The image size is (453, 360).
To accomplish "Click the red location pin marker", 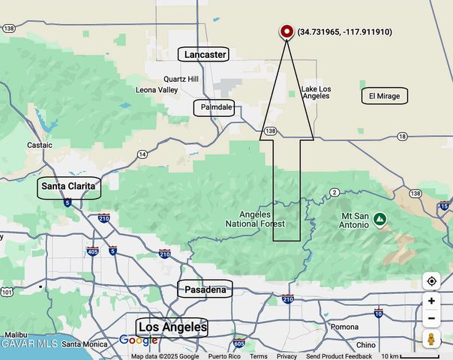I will click(286, 31).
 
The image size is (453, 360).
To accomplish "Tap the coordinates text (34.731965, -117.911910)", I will click(344, 32).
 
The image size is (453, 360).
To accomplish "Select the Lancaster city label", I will click(205, 54).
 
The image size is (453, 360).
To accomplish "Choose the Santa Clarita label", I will click(69, 186).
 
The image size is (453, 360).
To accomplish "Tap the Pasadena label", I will click(205, 289).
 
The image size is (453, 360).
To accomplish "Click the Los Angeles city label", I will click(172, 327).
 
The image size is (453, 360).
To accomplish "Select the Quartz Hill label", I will click(181, 79).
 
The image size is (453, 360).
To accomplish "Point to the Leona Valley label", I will click(157, 90).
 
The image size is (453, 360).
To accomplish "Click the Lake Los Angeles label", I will click(316, 92).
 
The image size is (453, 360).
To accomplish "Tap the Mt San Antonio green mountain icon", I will click(380, 219).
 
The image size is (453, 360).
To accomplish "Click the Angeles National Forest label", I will click(256, 219).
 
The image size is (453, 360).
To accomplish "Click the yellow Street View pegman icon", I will click(431, 338).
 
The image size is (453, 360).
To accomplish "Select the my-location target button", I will click(431, 281).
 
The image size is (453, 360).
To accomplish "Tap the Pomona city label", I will click(345, 327).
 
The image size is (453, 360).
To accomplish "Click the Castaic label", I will click(40, 145).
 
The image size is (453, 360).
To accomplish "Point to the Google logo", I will click(139, 340).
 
